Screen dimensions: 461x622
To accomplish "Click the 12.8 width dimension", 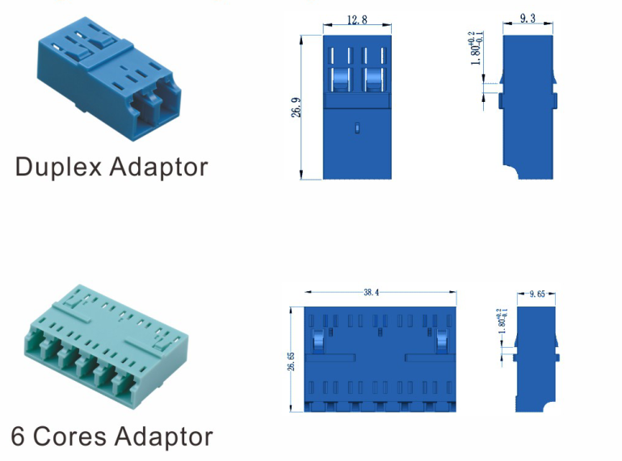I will click(x=357, y=19).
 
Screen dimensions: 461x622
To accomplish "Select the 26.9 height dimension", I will click(x=296, y=108).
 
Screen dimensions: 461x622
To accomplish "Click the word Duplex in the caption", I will click(x=57, y=167).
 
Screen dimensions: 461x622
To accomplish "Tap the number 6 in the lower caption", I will click(x=19, y=437).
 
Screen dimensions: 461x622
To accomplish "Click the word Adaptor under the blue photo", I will click(x=158, y=167).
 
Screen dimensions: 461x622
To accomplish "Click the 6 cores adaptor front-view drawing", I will click(x=380, y=360).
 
